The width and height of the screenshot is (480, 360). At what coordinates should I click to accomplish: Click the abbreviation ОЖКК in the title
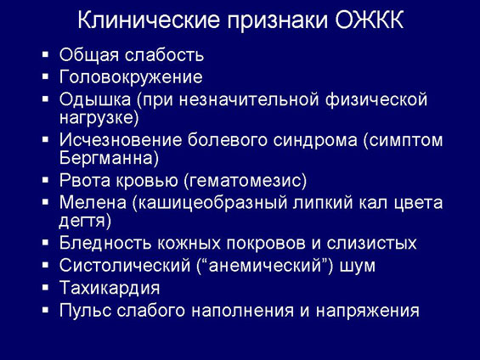click(x=370, y=20)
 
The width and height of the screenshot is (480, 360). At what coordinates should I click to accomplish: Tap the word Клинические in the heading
click(x=149, y=20)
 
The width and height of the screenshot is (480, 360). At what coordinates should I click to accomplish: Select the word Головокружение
click(x=131, y=77)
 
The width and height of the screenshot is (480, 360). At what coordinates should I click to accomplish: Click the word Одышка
click(x=95, y=99)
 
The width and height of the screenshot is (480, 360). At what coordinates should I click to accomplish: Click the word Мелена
click(x=93, y=202)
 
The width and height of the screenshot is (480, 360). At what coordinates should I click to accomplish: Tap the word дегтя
click(x=82, y=221)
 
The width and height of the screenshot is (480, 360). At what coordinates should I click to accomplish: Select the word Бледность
click(x=105, y=243)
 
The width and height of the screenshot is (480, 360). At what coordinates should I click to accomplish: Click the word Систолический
click(x=125, y=265)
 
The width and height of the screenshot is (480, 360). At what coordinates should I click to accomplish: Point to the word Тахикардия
click(x=110, y=288)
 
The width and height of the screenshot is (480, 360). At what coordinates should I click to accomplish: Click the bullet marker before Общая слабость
click(x=45, y=54)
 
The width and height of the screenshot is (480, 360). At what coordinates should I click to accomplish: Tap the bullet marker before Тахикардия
click(x=45, y=288)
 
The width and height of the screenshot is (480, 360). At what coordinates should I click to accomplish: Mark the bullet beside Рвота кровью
click(x=45, y=180)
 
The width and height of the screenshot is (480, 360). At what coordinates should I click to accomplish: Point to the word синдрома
click(x=315, y=141)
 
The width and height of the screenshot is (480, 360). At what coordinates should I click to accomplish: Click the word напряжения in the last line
click(x=367, y=312)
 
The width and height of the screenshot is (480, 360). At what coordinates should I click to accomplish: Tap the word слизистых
click(x=371, y=244)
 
